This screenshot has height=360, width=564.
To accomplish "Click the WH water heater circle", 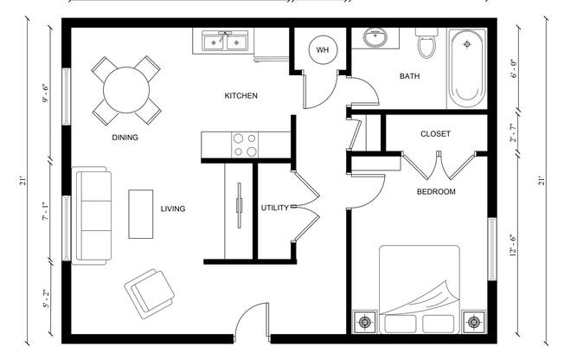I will tap(323, 50).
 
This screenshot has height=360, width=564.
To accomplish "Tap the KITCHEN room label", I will tap(240, 95).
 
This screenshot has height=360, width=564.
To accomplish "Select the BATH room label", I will tap(409, 76).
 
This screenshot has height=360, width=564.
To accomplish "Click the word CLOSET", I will tap(434, 134).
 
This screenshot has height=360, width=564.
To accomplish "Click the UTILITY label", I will tap(274, 209).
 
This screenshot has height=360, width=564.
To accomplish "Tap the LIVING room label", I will tap(173, 209).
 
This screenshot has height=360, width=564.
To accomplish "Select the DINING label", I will tap(125, 137).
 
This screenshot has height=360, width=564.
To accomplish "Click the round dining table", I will tap(126, 88).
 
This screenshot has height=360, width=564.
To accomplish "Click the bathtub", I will tap(467, 67).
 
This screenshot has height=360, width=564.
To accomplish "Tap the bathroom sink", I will tap(376, 39).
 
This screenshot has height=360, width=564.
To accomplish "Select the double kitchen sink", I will tap(225, 41).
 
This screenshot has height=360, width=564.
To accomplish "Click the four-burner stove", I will tap(244, 144).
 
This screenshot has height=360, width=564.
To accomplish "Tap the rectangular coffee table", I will tap(141, 213).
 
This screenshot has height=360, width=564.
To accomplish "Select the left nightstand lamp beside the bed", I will tap(364, 323).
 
